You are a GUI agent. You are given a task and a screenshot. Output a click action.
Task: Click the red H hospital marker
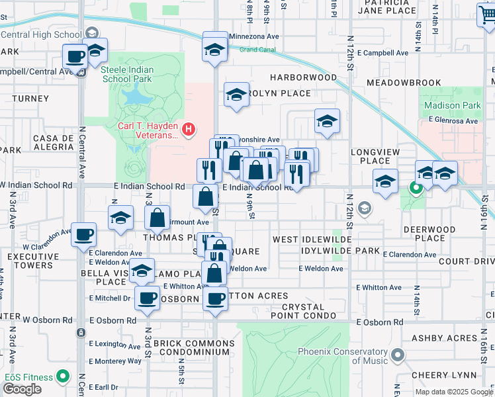[189, 128]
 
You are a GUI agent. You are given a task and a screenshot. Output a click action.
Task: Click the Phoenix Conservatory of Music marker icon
[397, 356]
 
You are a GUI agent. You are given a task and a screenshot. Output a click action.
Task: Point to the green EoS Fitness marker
[63, 377]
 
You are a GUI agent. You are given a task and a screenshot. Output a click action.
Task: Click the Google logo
[22, 389]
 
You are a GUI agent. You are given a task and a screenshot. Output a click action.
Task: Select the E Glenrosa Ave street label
[453, 120]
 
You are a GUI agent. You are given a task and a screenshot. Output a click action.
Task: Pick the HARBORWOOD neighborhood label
[303, 77]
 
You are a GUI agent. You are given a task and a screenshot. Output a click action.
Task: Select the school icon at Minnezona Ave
[214, 50]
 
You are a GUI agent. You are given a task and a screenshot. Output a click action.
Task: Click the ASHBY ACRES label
[444, 338]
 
